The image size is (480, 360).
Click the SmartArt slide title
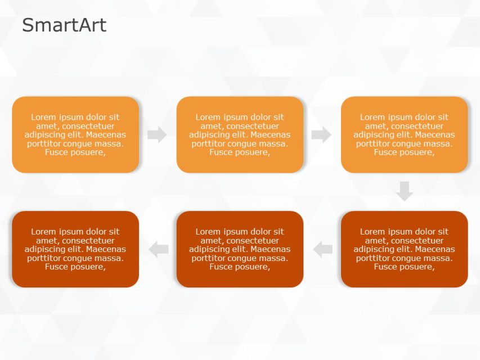pyautogui.click(x=64, y=25)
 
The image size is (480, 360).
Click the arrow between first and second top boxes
pyautogui.click(x=157, y=135)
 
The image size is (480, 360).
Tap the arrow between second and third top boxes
pyautogui.click(x=321, y=135)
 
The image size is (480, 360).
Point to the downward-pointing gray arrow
pyautogui.click(x=404, y=191)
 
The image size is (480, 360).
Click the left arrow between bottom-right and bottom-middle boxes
pyautogui.click(x=323, y=249)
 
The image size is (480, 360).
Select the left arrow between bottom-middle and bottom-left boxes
pyautogui.click(x=159, y=249)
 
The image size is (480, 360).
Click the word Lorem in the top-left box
pyautogui.click(x=43, y=117)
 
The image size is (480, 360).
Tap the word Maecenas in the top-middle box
pyautogui.click(x=272, y=135)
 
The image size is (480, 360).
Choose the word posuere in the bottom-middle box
pyautogui.click(x=253, y=267)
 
